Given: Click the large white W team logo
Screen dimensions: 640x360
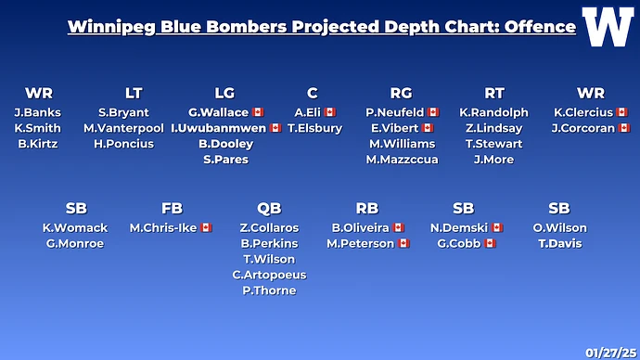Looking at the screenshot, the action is [x=608, y=27].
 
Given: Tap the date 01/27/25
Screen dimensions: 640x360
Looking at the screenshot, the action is [x=611, y=353].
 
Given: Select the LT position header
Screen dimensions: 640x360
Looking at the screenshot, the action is [x=134, y=93].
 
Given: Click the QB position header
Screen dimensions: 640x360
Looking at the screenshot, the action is [x=269, y=208].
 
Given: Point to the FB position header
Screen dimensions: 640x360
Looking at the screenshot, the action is [x=172, y=208].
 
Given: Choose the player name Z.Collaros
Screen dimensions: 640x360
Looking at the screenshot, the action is [x=269, y=227].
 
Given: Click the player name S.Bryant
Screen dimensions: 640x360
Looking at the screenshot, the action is [x=123, y=112].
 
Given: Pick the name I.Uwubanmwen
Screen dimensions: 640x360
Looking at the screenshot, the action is [x=218, y=128].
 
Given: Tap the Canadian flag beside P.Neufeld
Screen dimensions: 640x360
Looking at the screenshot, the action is [x=433, y=112].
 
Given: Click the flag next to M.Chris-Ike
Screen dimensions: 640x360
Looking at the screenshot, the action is [x=206, y=227].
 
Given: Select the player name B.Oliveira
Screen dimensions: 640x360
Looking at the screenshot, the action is [x=361, y=227].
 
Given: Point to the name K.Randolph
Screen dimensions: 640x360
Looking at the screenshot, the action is [x=493, y=112].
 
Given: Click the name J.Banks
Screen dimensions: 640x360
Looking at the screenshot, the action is [x=37, y=112].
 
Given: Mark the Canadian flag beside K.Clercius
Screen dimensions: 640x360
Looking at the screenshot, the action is [x=621, y=112].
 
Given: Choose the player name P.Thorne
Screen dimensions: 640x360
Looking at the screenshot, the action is [x=269, y=290].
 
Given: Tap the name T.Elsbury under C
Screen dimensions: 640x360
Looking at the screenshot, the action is [x=315, y=128].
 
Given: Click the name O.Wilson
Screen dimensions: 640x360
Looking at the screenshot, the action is [x=559, y=227].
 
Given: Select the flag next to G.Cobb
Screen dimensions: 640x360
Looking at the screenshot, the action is [x=490, y=243].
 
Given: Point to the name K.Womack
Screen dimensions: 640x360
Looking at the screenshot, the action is [x=75, y=227].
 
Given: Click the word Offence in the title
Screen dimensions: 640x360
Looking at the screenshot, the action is [x=540, y=27].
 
